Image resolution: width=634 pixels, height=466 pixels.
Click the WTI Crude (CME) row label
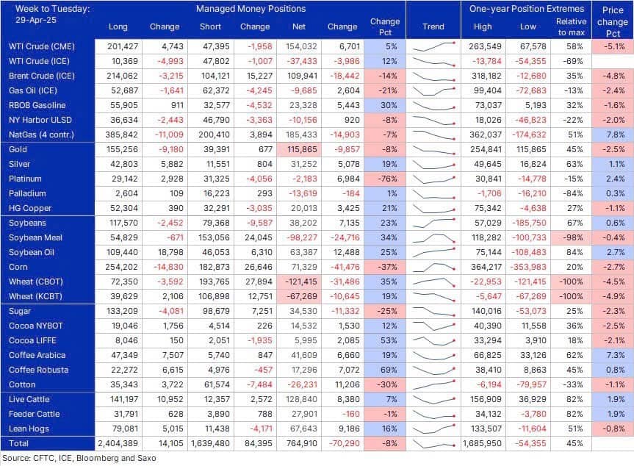tap(42, 46)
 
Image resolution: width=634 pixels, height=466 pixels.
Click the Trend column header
tap(433, 26)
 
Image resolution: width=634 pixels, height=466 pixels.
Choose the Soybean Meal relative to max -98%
tap(572, 237)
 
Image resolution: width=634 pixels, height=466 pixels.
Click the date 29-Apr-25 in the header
tap(35, 20)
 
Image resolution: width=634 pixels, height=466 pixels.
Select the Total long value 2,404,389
tap(118, 443)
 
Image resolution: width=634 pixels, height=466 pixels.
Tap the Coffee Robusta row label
tap(38, 370)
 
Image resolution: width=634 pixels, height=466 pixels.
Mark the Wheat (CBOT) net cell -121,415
tap(299, 282)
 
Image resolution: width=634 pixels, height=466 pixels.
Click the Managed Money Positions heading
tap(251, 9)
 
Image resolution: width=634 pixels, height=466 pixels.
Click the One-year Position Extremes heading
tap(527, 9)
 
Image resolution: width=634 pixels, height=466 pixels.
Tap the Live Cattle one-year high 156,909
tap(486, 399)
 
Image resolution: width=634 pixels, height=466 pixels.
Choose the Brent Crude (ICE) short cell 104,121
tap(215, 76)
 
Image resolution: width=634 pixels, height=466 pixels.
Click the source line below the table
tap(79, 458)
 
